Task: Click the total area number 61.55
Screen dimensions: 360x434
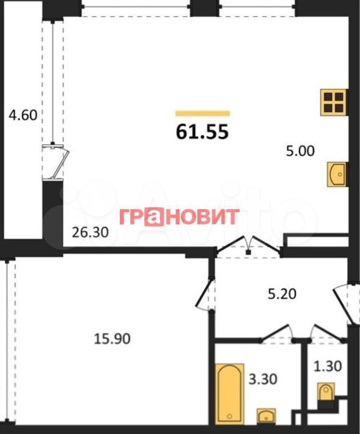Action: point(202,131)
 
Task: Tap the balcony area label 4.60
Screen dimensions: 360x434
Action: point(23,115)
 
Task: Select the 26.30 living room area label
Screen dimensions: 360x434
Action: point(90,232)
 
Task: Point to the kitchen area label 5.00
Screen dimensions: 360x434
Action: point(300,151)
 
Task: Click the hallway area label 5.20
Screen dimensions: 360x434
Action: point(282,293)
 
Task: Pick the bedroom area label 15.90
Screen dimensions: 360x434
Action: point(112,339)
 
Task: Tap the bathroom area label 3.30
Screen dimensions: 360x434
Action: point(263,379)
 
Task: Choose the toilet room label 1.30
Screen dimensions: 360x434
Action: point(328,366)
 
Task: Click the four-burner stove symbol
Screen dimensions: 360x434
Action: point(334,102)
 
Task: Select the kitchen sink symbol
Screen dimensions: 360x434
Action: point(337,174)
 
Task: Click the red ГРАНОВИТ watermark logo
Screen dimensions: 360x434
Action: point(179,216)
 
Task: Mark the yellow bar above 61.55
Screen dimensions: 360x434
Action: point(202,113)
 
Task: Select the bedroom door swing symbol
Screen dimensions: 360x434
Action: point(205,293)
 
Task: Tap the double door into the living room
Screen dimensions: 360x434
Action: point(248,245)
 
